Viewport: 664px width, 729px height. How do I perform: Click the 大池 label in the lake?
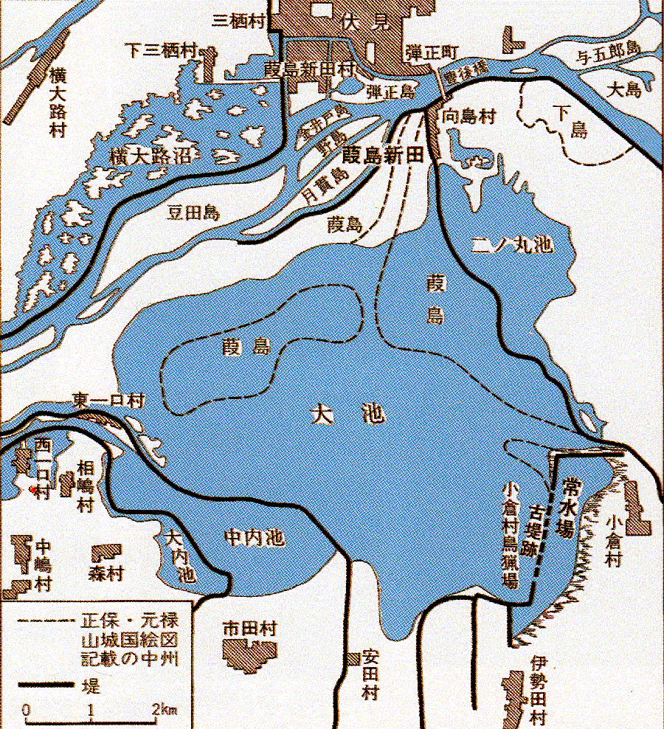347,416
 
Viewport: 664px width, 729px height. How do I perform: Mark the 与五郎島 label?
606,47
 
